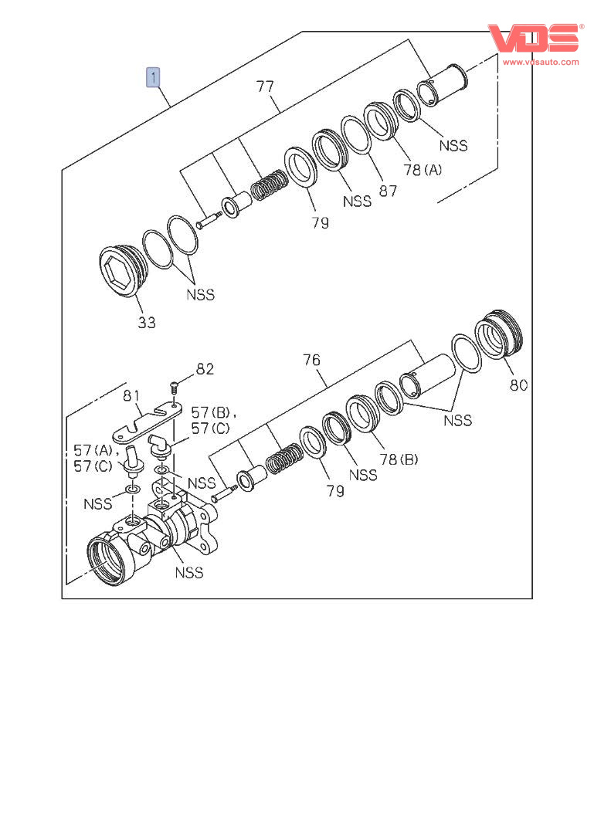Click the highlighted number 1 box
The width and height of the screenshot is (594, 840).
point(154,76)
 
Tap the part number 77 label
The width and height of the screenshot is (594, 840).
point(265,86)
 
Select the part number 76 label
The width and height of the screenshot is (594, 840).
point(311,360)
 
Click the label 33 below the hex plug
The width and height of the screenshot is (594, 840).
point(147,322)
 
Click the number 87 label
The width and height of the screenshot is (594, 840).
point(388,190)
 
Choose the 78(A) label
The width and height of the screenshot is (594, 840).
point(422,170)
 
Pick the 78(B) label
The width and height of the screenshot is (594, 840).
point(399,459)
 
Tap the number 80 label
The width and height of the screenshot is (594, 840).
point(519,384)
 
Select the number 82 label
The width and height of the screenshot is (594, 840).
point(204,369)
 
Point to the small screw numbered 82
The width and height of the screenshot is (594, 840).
point(174,384)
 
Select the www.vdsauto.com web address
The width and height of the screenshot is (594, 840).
point(541,61)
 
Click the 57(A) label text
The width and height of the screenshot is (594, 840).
point(93,449)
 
